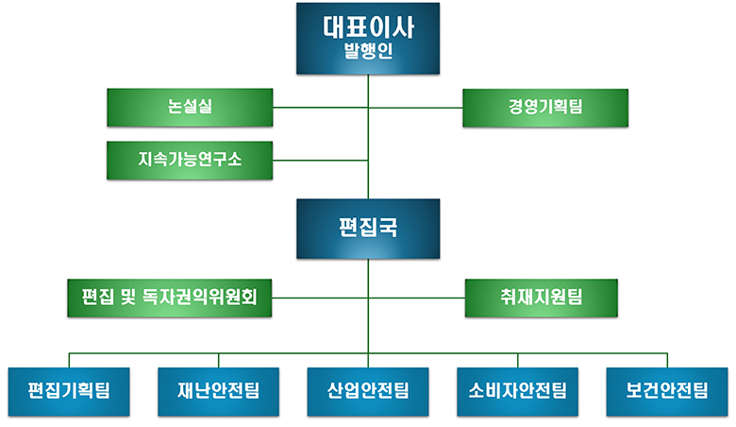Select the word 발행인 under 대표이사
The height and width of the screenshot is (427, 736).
(x=368, y=55)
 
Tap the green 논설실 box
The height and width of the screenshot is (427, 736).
(x=190, y=107)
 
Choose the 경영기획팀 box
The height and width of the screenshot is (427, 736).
(x=544, y=107)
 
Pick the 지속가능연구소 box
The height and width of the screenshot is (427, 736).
(x=190, y=160)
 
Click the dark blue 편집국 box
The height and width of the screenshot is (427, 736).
(x=368, y=228)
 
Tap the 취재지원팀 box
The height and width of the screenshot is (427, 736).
(x=542, y=298)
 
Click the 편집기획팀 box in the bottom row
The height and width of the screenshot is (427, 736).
(x=69, y=389)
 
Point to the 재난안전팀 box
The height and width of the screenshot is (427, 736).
(x=218, y=389)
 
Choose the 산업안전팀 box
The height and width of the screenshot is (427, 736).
(x=368, y=389)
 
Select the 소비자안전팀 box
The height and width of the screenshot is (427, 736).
(x=517, y=389)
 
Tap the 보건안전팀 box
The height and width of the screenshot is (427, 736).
(x=667, y=389)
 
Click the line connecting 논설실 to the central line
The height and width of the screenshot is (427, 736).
(x=321, y=107)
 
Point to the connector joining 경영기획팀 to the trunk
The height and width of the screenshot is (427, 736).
(x=415, y=107)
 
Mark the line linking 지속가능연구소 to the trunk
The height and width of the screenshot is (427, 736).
(x=321, y=160)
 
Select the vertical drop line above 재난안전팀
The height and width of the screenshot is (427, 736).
(x=218, y=359)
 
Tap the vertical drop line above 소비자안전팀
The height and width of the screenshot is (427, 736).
(x=517, y=359)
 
